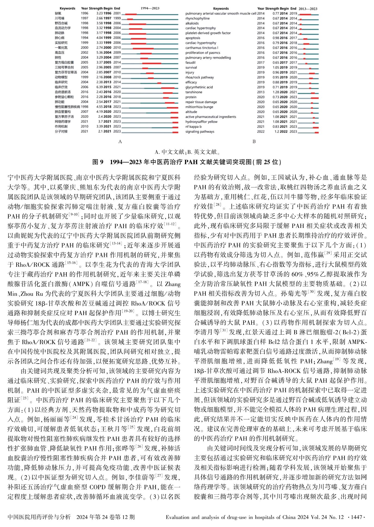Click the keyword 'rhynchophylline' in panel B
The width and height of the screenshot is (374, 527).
197,18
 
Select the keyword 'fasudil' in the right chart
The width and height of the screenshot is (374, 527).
190,62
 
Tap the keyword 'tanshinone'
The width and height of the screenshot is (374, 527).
194,92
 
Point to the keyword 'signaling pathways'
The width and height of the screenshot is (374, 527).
200,131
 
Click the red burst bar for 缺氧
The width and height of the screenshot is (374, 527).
131,14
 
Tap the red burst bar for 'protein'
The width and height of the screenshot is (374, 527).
315,97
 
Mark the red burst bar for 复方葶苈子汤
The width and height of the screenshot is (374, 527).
174,117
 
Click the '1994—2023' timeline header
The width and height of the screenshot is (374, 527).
150,8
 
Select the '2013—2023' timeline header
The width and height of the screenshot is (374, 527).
308,9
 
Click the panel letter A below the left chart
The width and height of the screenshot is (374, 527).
120,142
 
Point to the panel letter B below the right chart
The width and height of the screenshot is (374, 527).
254,142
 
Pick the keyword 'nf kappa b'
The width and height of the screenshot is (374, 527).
193,127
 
